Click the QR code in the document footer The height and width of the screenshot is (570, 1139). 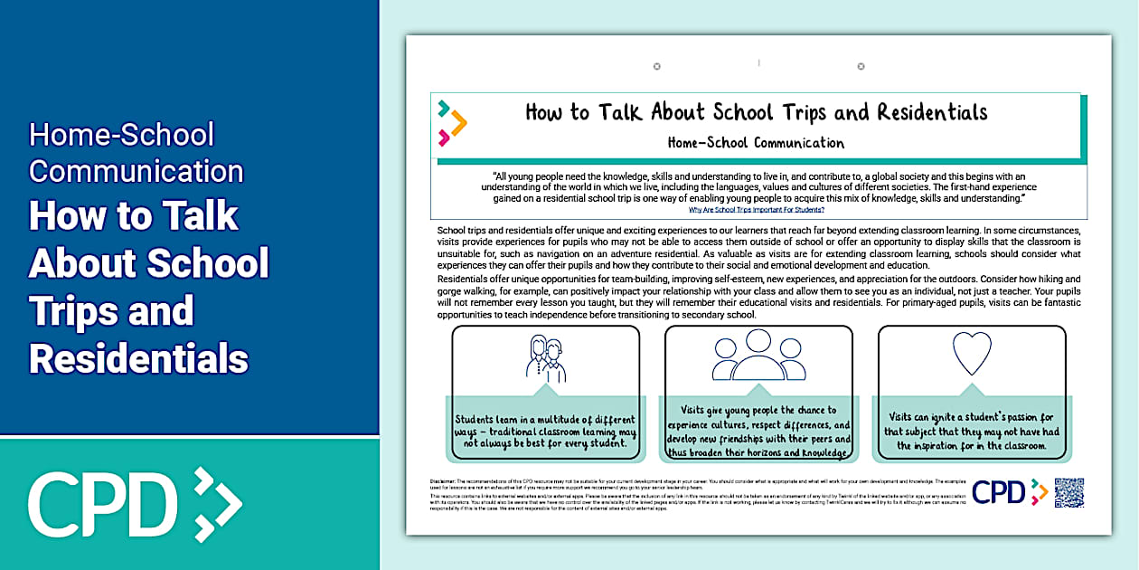tap(1069, 492)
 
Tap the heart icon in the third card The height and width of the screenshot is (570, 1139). tap(972, 353)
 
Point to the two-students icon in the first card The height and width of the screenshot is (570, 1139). tap(545, 358)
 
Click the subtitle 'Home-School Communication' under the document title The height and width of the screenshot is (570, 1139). tap(756, 142)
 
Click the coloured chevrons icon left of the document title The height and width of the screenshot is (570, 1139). tap(452, 123)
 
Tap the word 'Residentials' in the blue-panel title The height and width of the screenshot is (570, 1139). tap(138, 358)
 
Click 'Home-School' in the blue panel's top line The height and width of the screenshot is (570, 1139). tap(121, 135)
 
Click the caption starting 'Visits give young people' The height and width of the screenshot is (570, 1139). tap(758, 432)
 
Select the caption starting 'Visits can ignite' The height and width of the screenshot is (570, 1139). tap(972, 432)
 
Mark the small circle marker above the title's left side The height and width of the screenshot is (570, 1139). tap(657, 66)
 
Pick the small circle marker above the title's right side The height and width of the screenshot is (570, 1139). tap(861, 66)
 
